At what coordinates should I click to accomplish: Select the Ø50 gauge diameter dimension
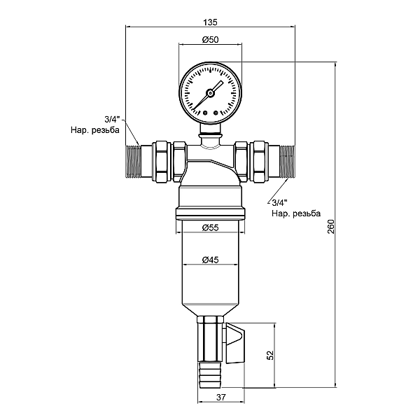pyautogui.click(x=211, y=40)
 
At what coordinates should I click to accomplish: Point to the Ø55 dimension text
pyautogui.click(x=211, y=228)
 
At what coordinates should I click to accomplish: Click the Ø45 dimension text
pyautogui.click(x=211, y=260)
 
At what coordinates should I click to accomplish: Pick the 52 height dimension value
pyautogui.click(x=270, y=355)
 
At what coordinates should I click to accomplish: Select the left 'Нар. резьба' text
pyautogui.click(x=95, y=130)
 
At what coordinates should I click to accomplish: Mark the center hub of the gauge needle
pyautogui.click(x=211, y=93)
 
